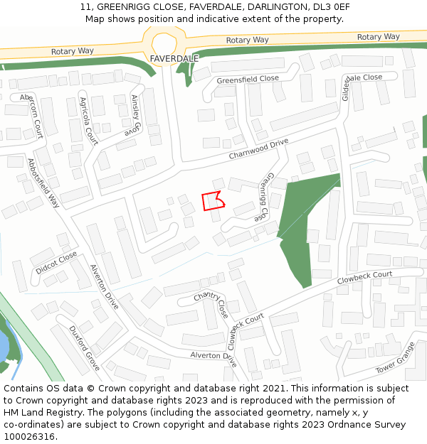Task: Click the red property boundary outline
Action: (213, 201)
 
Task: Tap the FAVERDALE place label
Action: (174, 58)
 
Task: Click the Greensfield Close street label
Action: (248, 79)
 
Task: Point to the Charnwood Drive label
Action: (258, 148)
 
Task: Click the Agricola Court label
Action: (88, 117)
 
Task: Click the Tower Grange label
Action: (396, 361)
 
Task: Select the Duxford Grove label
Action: (85, 348)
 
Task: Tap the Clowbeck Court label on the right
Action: (364, 276)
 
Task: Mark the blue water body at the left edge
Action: (4, 349)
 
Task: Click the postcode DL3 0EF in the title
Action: (331, 6)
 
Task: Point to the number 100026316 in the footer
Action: (28, 437)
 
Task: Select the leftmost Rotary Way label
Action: (73, 51)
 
